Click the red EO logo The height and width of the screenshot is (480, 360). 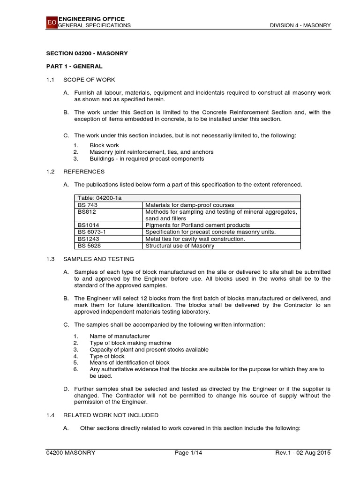coord(51,22)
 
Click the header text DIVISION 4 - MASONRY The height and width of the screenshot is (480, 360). coord(300,25)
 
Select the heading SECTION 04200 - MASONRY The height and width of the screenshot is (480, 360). coord(87,53)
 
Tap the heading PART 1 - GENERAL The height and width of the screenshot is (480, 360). coord(74,67)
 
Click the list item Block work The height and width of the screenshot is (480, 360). coord(104,145)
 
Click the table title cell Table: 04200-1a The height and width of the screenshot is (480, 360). coord(99,198)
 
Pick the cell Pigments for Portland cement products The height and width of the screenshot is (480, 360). coord(198,225)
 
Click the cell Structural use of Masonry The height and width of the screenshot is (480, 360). coord(180,246)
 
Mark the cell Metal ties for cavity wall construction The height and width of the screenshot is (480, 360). coord(195,239)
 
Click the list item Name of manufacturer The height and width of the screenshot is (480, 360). coord(120,336)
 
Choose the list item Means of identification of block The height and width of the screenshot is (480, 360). coord(129,362)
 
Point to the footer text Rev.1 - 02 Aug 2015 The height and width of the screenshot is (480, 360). coord(303,452)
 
